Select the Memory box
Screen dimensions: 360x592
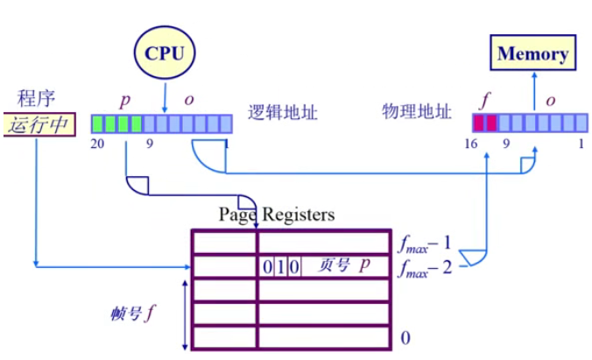tap(532, 53)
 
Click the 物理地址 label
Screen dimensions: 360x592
tap(417, 111)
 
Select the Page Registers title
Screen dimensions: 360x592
tap(276, 214)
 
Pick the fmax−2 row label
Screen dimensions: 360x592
tap(427, 265)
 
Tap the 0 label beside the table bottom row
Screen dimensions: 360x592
tap(405, 337)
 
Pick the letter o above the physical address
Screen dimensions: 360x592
tap(551, 100)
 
